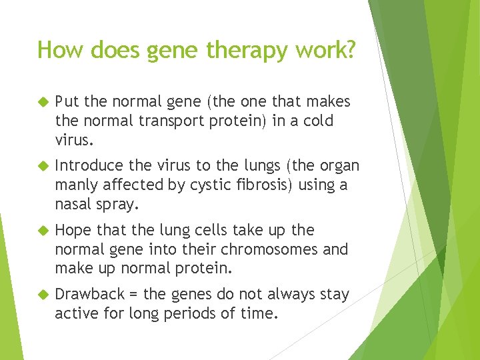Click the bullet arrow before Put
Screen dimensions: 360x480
tap(43, 101)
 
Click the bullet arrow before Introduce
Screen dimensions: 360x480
tap(43, 165)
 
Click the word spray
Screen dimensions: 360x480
tap(117, 205)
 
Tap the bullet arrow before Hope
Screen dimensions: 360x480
tap(43, 230)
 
